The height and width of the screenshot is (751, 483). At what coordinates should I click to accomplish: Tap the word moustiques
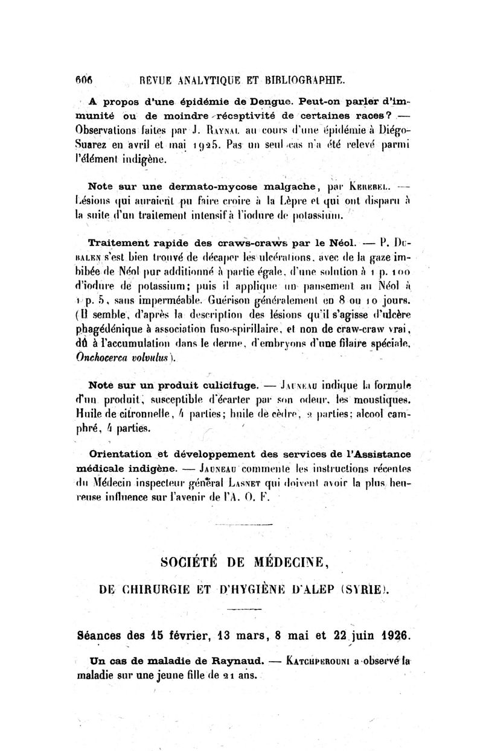[x=380, y=399]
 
